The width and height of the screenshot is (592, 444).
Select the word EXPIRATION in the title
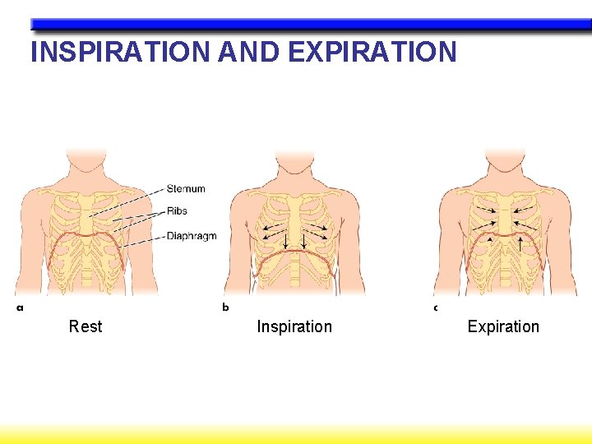372,52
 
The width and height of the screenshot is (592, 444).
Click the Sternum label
186,189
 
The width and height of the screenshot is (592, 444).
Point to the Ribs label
177,211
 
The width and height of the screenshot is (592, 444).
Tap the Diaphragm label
191,236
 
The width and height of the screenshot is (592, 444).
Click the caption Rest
86,326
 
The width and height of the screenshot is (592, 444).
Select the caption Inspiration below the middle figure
294,326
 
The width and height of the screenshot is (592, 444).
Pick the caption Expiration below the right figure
503,326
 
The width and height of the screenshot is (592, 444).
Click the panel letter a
20,308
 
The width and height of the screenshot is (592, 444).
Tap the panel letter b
225,308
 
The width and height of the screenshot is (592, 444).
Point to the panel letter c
436,308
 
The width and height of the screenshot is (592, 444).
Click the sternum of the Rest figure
86,215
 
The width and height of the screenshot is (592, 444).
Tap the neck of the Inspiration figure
294,169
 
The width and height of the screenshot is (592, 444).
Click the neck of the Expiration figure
504,169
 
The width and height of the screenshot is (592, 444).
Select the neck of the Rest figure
86,169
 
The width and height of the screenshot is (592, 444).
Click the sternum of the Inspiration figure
294,215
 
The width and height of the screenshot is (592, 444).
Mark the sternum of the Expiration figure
504,215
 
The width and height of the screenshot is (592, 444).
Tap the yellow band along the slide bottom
296,433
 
